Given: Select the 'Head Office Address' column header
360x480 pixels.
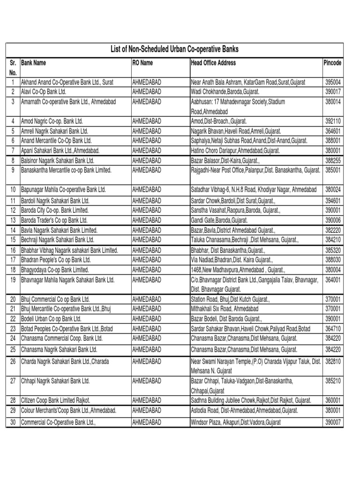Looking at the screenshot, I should tap(213, 63).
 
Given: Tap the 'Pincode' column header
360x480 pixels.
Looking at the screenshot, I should tap(332, 63).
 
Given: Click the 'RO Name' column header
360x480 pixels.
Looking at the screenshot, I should tap(142, 63).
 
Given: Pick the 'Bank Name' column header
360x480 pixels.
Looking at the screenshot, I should tap(34, 63).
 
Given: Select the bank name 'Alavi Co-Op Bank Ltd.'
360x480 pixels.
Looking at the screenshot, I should tap(44, 91).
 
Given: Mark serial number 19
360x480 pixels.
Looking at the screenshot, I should tap(13, 280).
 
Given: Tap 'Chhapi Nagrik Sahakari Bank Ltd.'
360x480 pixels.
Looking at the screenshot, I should tap(55, 382).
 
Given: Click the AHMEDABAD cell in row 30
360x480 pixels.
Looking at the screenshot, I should tap(147, 422).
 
